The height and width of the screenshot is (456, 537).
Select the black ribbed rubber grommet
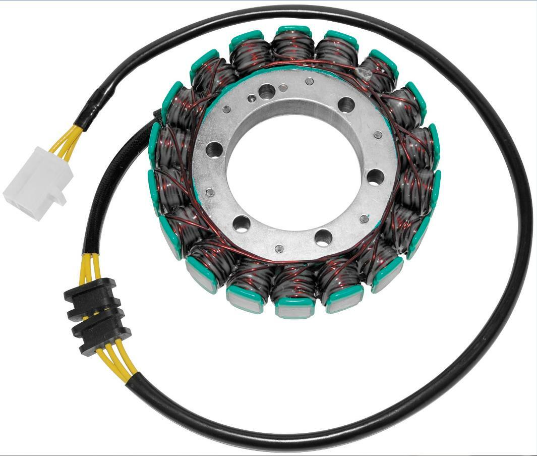click(x=96, y=317)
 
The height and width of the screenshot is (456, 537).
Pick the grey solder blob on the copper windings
click(x=364, y=74)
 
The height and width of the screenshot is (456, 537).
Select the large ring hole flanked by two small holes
click(x=266, y=91)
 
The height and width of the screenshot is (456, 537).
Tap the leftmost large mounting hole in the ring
click(x=214, y=149)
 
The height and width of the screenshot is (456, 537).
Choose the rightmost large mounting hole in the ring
click(x=375, y=177)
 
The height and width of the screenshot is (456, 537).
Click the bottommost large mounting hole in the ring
click(x=323, y=237)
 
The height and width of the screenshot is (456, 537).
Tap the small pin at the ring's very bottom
click(x=279, y=248)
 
